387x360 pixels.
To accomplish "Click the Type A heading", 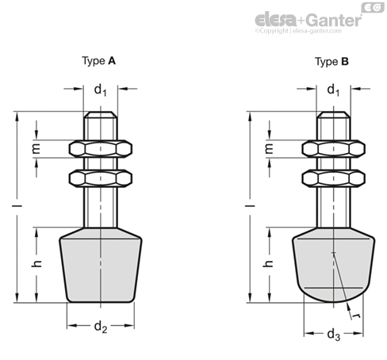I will pyautogui.click(x=100, y=60).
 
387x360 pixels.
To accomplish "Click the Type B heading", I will pyautogui.click(x=331, y=60).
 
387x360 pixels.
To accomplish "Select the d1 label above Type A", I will pyautogui.click(x=101, y=90).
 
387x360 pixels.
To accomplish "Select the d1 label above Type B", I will pyautogui.click(x=333, y=90).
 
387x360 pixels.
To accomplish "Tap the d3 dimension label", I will pyautogui.click(x=333, y=335).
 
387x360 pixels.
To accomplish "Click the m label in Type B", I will pyautogui.click(x=269, y=148).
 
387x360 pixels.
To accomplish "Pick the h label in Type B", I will pyautogui.click(x=269, y=262).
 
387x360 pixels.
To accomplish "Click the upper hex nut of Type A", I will pyautogui.click(x=100, y=148).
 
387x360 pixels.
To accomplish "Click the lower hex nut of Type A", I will pyautogui.click(x=100, y=178).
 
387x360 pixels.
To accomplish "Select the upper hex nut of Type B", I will pyautogui.click(x=333, y=148).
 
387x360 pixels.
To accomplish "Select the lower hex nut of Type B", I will pyautogui.click(x=333, y=178).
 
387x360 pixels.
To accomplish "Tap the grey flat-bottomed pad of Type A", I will pyautogui.click(x=100, y=266).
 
